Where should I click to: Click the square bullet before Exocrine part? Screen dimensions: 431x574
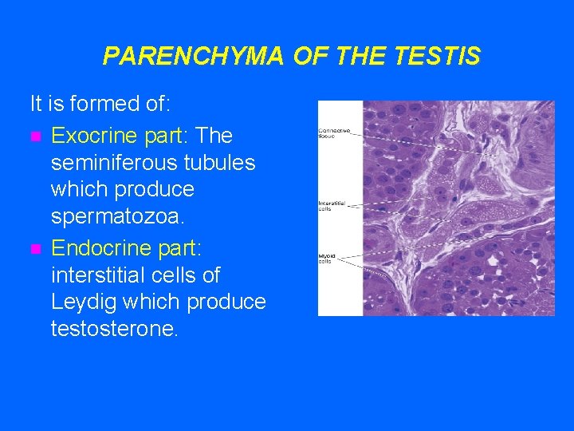pyautogui.click(x=34, y=135)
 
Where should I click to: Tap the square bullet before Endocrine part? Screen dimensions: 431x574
pyautogui.click(x=34, y=247)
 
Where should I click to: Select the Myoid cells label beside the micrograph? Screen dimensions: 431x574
pyautogui.click(x=327, y=257)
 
